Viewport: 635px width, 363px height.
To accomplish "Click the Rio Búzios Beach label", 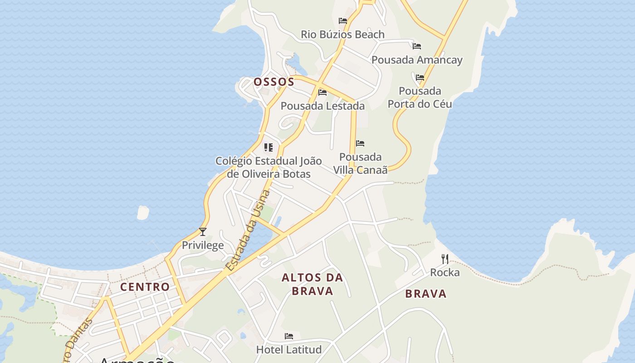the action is coord(342,34).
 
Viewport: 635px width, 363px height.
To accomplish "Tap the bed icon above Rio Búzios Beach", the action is coord(343,21).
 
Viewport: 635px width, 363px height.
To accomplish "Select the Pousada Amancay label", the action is coord(417,60).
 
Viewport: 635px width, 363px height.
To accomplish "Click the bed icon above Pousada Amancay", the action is coord(417,46).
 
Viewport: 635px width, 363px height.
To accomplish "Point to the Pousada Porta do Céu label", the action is coord(420,98).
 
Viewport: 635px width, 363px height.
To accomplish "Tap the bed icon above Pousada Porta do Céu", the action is coord(420,78).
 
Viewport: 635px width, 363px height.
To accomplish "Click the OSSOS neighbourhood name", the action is coord(274,82).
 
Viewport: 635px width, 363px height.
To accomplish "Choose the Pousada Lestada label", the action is coord(322,106).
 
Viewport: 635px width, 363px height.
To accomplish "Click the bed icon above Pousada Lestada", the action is coord(322,93).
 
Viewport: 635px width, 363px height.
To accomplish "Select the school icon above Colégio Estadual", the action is coord(269,147).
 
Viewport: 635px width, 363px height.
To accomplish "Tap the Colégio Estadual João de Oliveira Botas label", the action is coord(269,167).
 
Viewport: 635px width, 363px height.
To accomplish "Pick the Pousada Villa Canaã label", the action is coord(361,163).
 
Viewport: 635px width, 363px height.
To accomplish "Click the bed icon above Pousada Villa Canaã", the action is coord(360,143).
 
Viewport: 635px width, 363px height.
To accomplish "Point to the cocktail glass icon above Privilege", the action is coord(203,232).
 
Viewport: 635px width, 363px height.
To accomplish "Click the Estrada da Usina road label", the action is coord(249,231).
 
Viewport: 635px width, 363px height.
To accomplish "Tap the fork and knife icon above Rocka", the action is coord(445,259).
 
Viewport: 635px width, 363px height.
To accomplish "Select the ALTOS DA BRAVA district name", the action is coord(313,284).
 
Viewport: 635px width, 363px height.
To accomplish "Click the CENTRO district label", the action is coord(145,287).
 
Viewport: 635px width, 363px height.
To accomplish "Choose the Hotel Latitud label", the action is coord(289,350).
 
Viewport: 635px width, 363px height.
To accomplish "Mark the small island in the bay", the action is coord(143,212).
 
